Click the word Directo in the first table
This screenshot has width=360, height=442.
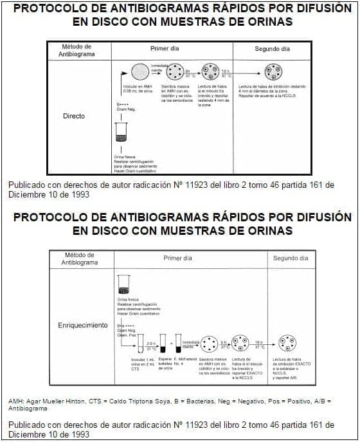[74, 116]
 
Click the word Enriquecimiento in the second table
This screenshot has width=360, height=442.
[83, 325]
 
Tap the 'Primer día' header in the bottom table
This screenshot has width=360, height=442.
[178, 257]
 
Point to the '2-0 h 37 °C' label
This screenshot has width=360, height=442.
[151, 345]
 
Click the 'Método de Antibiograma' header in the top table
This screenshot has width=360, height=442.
[77, 50]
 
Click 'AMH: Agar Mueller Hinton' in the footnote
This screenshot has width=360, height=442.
[44, 401]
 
